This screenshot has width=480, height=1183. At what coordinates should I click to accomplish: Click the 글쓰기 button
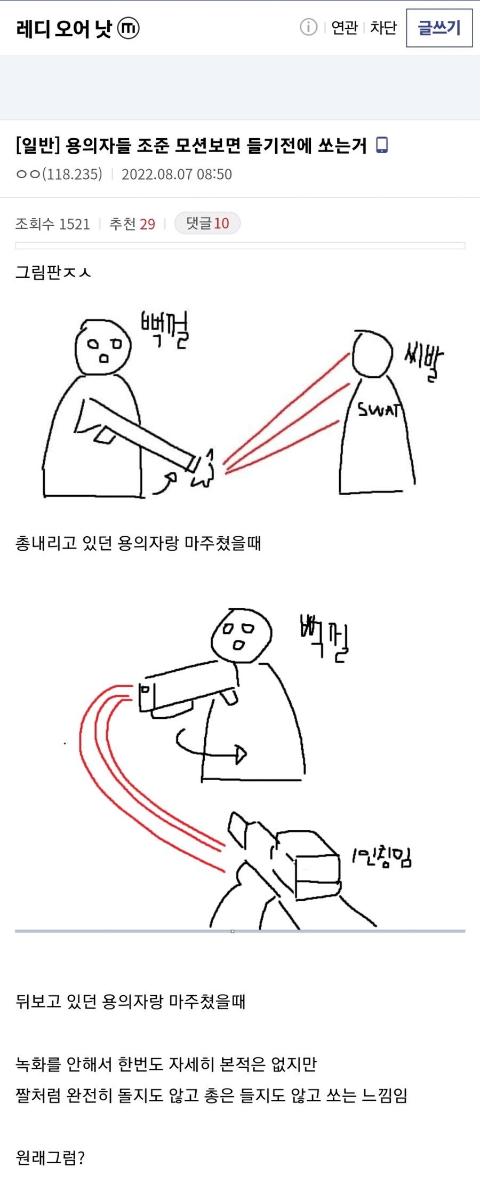[x=439, y=28]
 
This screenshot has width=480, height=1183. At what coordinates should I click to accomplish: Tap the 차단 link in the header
[x=383, y=27]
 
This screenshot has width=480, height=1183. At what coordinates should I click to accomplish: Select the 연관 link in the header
[x=344, y=27]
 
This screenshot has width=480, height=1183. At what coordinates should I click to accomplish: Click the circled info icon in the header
[x=308, y=27]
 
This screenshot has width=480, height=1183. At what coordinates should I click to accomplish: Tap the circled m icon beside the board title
[x=128, y=28]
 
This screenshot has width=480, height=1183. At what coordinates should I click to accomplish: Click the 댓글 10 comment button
[x=207, y=223]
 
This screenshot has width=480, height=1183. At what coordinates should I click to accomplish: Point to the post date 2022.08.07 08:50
[x=177, y=174]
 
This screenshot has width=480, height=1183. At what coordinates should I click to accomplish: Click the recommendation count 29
[x=147, y=224]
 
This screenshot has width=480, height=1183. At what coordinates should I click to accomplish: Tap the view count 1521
[x=75, y=224]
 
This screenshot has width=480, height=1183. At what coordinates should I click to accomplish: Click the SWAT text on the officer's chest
[x=378, y=410]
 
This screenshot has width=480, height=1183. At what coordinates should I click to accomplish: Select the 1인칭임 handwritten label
[x=381, y=858]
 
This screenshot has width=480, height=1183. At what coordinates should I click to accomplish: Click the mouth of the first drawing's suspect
[x=104, y=358]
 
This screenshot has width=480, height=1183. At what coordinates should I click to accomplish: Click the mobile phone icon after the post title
[x=382, y=145]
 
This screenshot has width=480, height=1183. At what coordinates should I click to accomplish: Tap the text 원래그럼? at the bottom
[x=50, y=1158]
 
